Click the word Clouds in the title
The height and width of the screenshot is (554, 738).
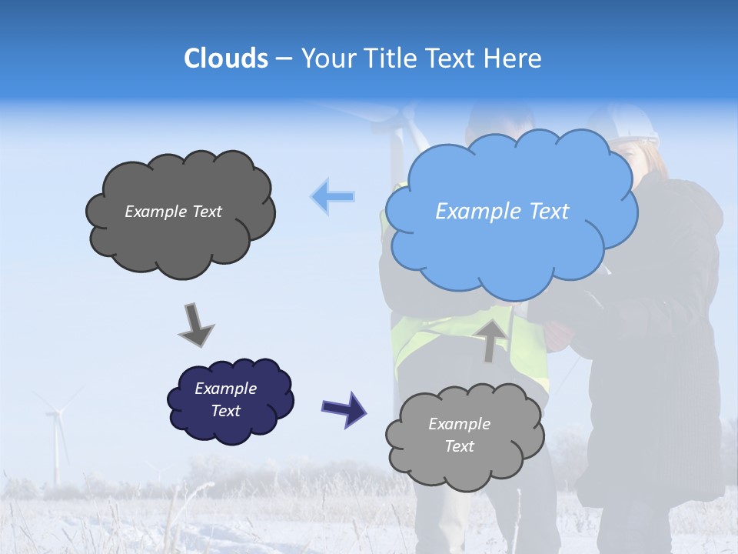point(226,58)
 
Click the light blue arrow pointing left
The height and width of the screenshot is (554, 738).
point(333,196)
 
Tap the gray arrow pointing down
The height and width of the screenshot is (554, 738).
point(195,324)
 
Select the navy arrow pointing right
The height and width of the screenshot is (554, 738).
point(344,409)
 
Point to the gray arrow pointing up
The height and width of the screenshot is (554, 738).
point(490,339)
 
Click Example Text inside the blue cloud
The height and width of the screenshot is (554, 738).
point(502,212)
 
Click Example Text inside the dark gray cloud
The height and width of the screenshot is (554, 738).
point(173,212)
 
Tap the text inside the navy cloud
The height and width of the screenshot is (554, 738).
point(225,399)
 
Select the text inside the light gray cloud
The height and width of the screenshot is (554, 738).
point(459,435)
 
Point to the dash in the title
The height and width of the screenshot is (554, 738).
point(284,59)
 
